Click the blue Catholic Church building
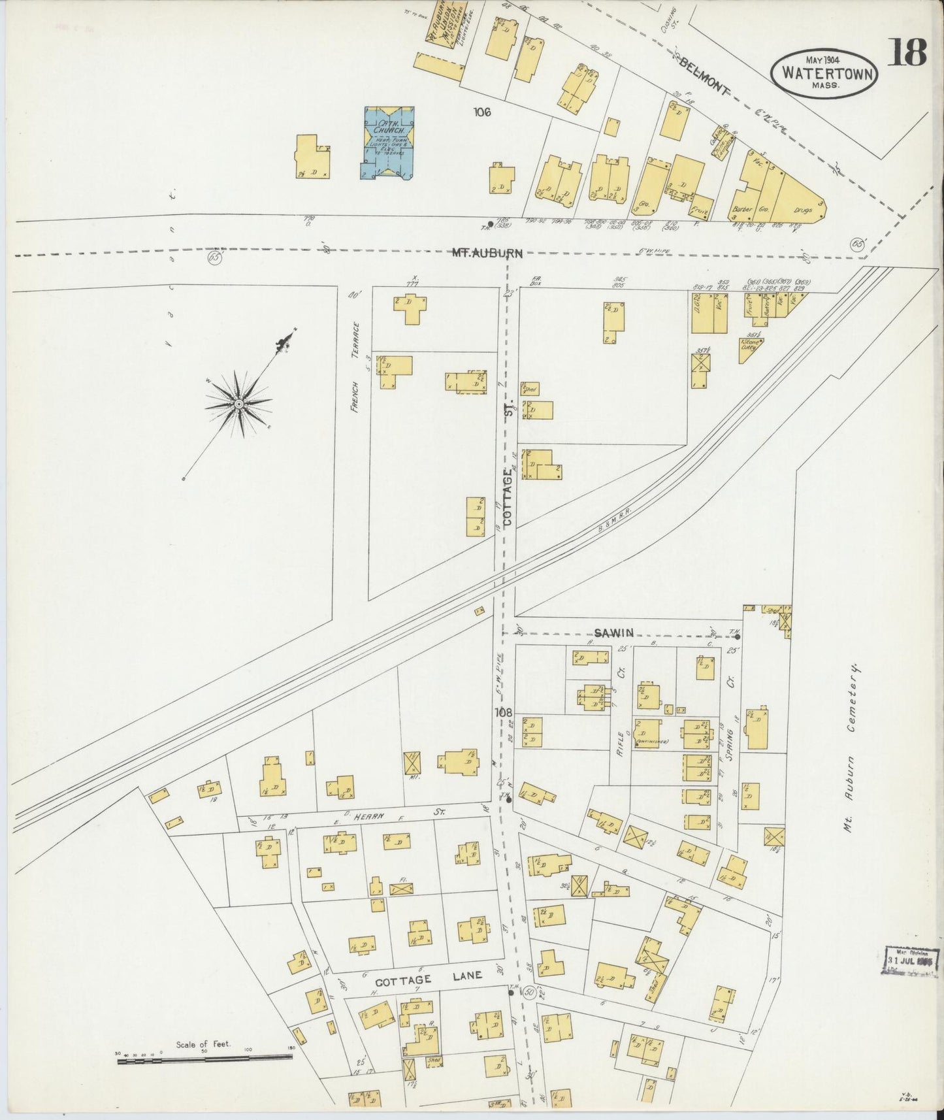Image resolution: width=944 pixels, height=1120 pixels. [388, 142]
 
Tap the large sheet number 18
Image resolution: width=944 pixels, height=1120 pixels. [907, 53]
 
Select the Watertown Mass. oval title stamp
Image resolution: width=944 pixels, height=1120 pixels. [824, 73]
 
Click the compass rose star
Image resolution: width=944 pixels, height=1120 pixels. [239, 405]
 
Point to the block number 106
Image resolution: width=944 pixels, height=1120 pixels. [482, 112]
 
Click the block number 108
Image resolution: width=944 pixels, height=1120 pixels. [503, 712]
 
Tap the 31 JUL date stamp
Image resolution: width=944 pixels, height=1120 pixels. [908, 961]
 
